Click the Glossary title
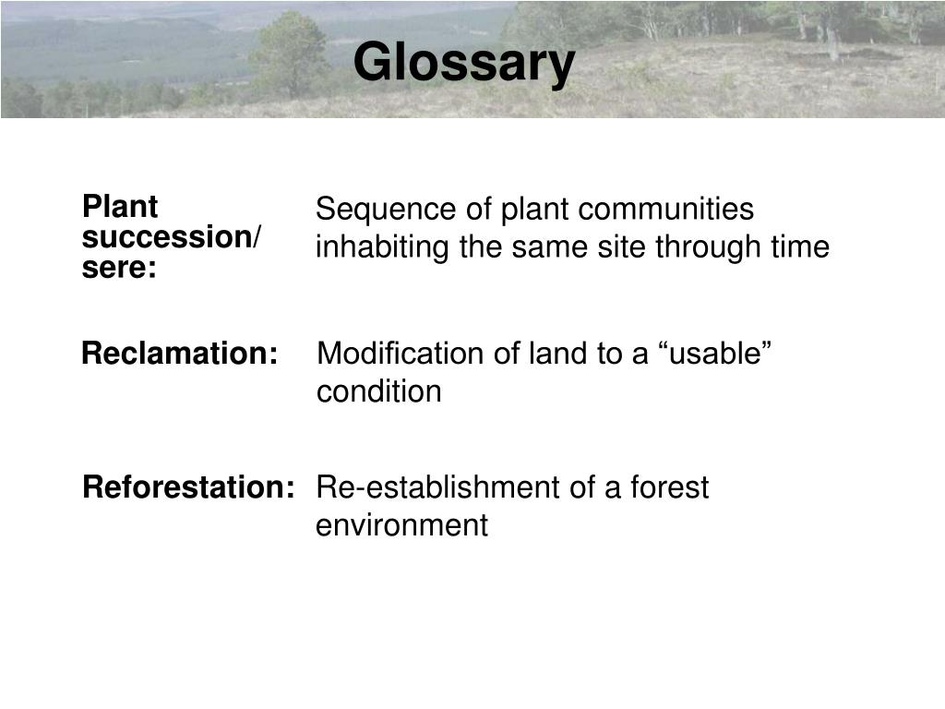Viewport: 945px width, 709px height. (463, 64)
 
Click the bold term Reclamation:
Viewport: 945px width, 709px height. (180, 354)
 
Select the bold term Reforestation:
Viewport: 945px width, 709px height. (189, 487)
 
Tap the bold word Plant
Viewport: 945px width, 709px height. (120, 206)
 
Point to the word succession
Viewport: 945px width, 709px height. (167, 237)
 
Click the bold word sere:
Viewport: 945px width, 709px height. (119, 269)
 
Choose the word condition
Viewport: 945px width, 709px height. (379, 392)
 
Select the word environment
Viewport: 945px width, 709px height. (401, 526)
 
